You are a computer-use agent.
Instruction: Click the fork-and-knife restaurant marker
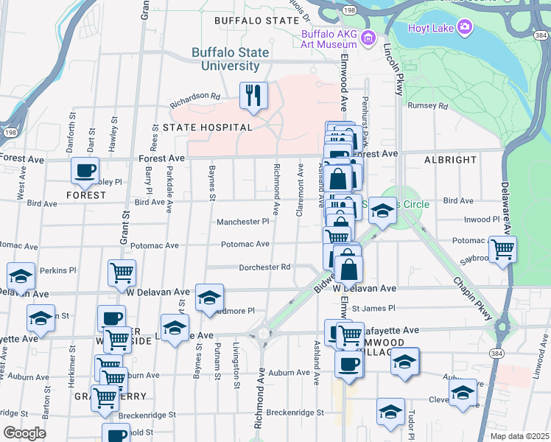[253, 96]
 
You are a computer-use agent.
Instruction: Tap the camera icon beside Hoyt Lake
[464, 27]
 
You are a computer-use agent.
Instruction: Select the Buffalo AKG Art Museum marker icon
[367, 38]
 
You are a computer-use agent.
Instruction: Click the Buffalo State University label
[225, 59]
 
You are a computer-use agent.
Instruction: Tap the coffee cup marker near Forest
[85, 171]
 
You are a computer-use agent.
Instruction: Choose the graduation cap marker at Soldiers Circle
[382, 211]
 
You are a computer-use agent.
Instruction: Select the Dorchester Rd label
[263, 267]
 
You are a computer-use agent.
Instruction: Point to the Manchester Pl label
[243, 222]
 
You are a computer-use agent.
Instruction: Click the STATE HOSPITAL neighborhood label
[208, 127]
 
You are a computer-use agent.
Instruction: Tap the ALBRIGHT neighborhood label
[451, 159]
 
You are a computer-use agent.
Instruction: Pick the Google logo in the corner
[24, 432]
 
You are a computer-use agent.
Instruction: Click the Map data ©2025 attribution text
[519, 436]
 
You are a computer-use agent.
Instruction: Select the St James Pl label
[373, 308]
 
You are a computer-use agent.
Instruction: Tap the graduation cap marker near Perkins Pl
[21, 276]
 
